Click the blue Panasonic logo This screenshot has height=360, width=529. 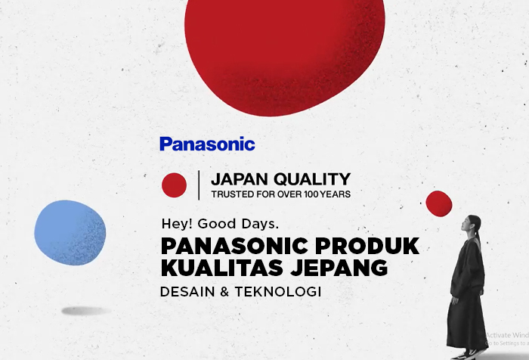pos(207,144)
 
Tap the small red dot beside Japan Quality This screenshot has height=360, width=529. pos(174,185)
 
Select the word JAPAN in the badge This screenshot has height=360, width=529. pos(239,179)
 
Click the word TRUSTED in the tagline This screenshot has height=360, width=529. pos(231,194)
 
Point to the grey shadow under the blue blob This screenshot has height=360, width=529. pos(86,310)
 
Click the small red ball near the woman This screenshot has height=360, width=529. pos(438,203)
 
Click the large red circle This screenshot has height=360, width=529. pos(283,53)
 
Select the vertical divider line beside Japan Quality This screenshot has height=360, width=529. pos(199,185)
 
